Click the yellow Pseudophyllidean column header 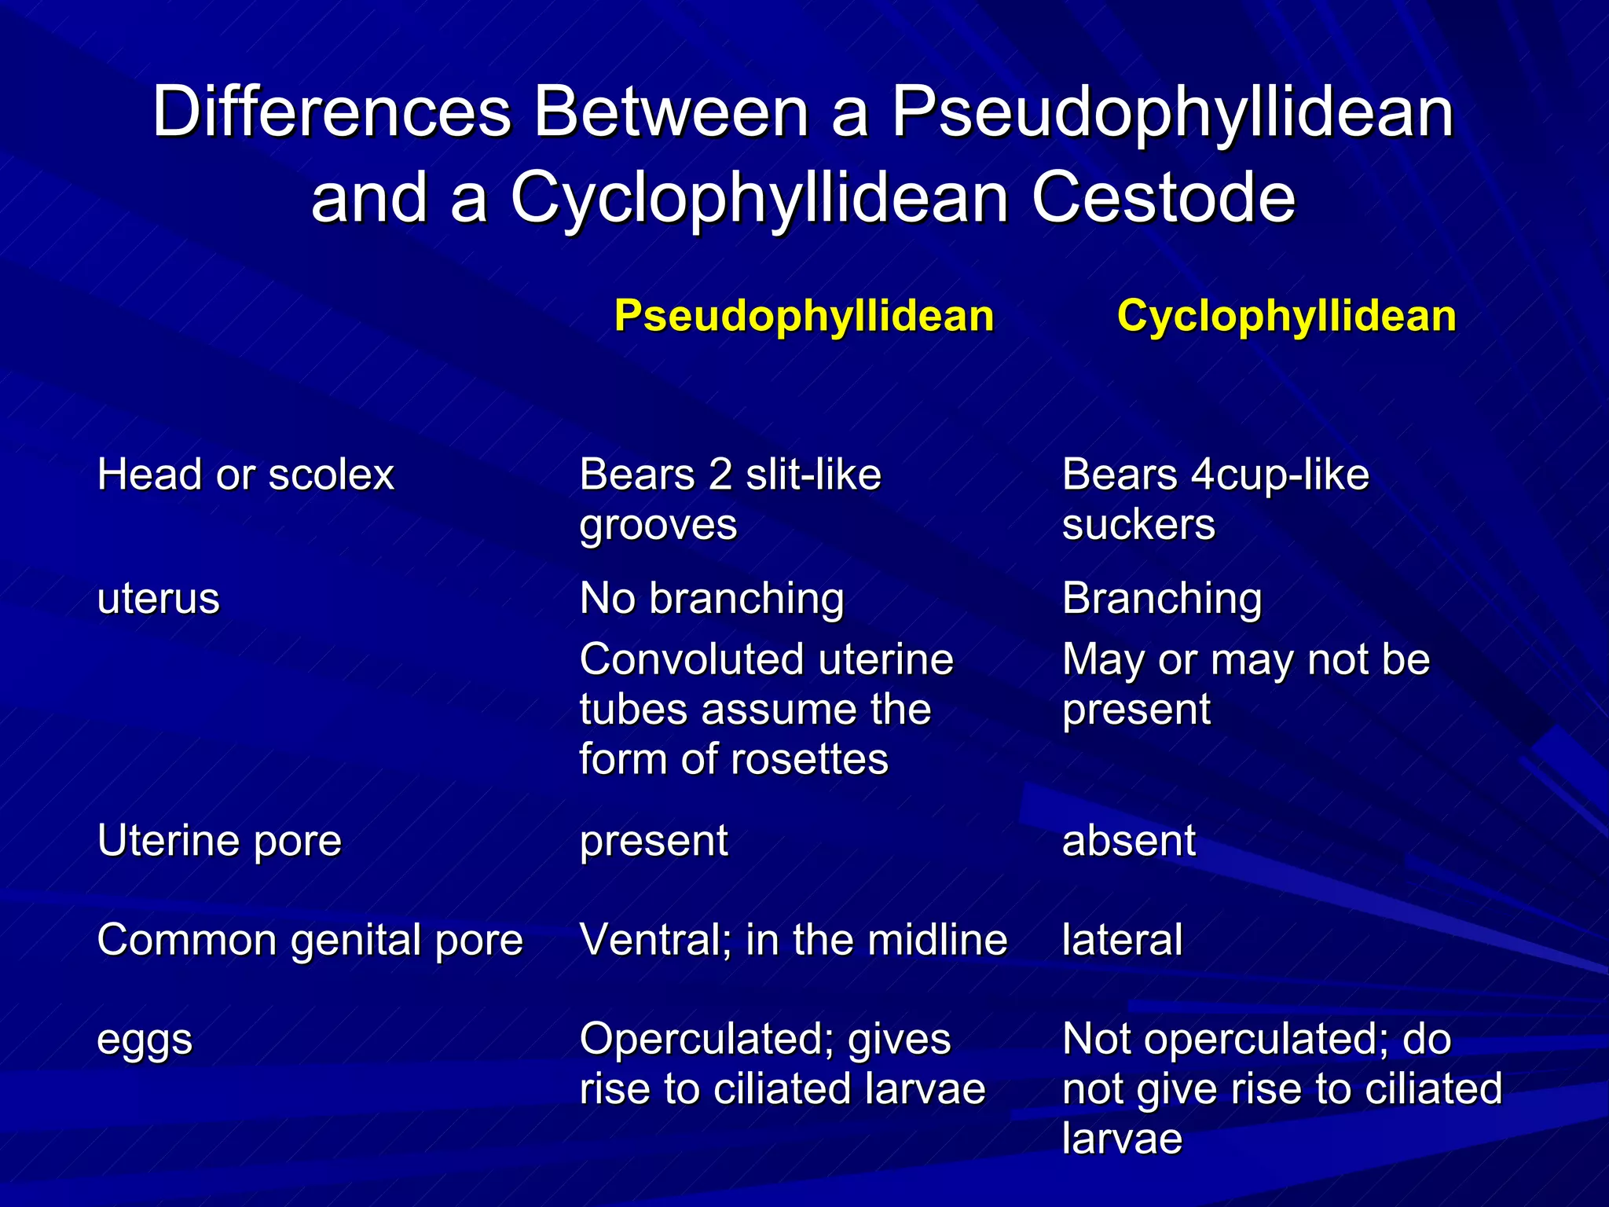[804, 316]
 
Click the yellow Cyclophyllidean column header [1286, 316]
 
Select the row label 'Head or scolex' [245, 475]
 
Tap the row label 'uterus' [158, 599]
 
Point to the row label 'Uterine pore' [219, 841]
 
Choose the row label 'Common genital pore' [310, 940]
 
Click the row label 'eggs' [145, 1040]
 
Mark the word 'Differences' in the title [332, 112]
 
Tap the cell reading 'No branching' [711, 599]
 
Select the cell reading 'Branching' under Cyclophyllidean [1162, 599]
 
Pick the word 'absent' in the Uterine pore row [1128, 841]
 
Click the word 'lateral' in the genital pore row [1122, 940]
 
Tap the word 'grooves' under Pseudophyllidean [658, 525]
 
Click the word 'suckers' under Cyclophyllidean [1138, 525]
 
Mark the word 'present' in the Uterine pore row [654, 841]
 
